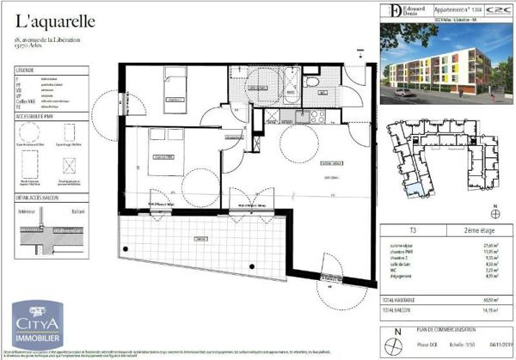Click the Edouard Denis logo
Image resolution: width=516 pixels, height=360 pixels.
(x=398, y=10)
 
